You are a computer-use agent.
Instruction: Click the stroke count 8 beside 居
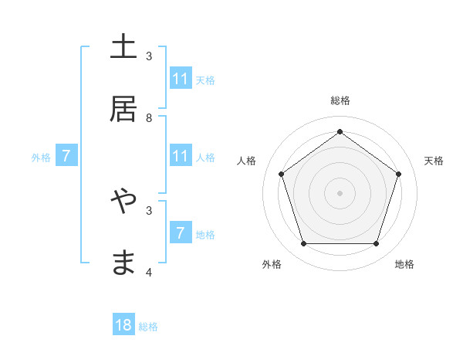point(149,117)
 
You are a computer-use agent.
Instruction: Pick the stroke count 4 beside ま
point(149,272)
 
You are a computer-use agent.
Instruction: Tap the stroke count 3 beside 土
point(149,56)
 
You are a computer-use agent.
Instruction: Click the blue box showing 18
point(123,325)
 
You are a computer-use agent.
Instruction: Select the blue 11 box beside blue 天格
point(181,79)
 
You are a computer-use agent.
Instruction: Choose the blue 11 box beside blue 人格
point(181,156)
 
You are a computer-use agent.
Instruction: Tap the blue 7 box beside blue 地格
point(181,232)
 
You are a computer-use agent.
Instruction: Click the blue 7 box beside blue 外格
point(66,156)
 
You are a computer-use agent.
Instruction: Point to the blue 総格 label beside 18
point(148,327)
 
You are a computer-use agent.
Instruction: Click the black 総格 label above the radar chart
point(340,100)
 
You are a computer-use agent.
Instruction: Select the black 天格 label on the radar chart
point(434,161)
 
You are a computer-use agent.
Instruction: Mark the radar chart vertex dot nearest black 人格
point(282,174)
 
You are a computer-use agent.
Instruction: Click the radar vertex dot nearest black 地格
point(376,243)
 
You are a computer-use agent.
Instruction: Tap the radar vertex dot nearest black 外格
point(304,243)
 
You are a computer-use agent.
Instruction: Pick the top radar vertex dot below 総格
point(340,132)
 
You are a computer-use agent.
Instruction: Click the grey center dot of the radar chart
point(340,192)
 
